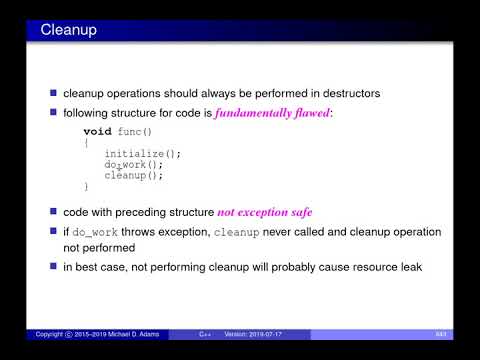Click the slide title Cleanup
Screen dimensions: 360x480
69,31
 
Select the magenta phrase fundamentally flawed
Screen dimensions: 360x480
275,113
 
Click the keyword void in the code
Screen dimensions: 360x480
97,132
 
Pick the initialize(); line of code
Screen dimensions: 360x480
143,154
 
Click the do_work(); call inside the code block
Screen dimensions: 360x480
133,165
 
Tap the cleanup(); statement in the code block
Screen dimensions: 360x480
133,175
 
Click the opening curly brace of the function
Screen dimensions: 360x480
86,143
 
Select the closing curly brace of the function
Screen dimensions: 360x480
86,186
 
